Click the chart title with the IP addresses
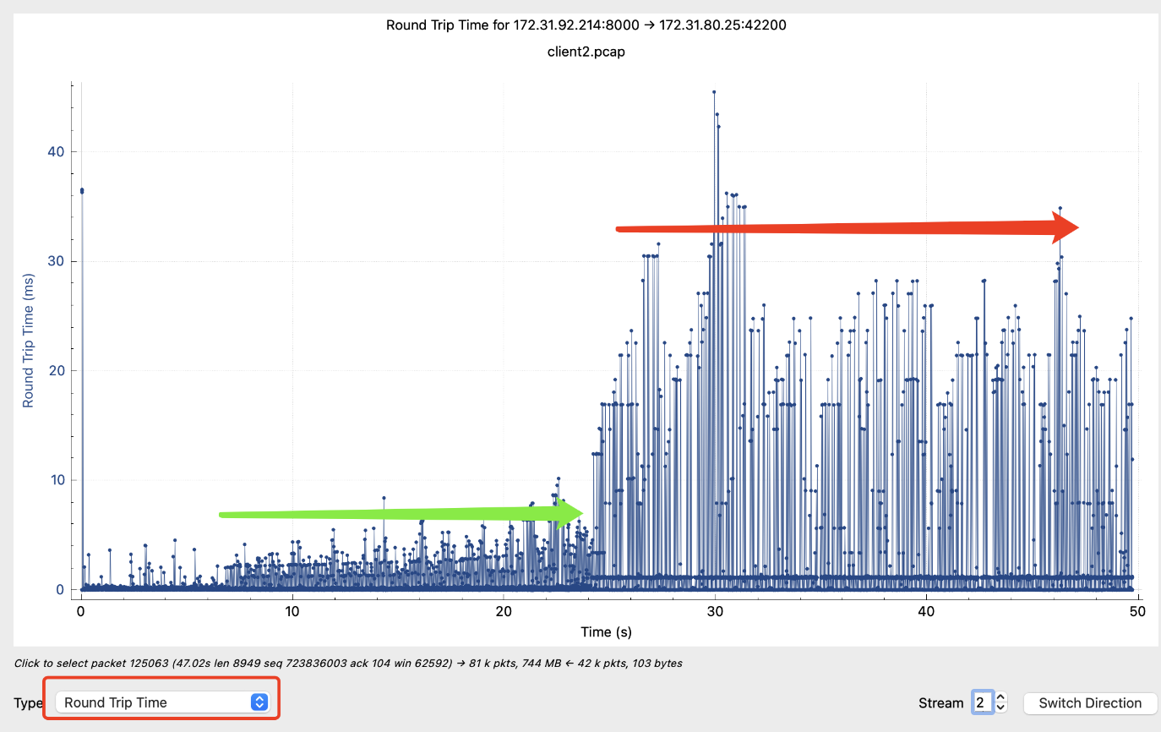(x=586, y=25)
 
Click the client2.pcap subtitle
(x=586, y=52)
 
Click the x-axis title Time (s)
(x=606, y=631)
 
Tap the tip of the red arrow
(x=1077, y=227)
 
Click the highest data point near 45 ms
(x=714, y=91)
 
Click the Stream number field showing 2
(x=981, y=702)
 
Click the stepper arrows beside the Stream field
(x=1001, y=702)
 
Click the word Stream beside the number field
(x=940, y=702)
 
